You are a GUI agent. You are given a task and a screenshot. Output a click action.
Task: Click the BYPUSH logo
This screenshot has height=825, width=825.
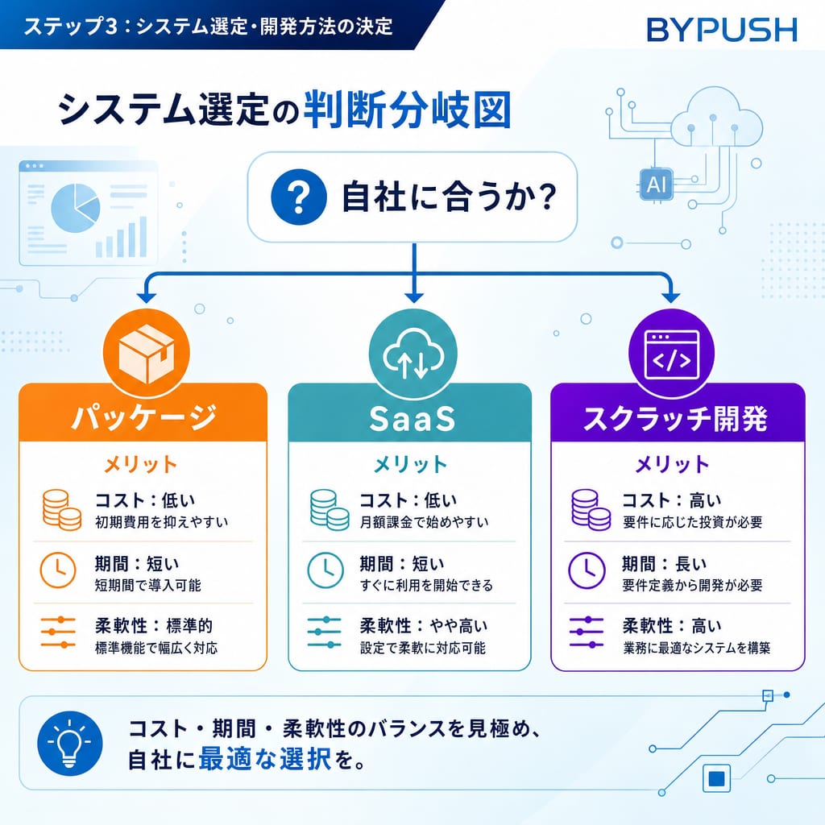pyautogui.click(x=722, y=30)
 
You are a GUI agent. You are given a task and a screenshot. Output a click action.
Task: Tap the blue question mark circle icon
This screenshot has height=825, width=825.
pyautogui.click(x=299, y=197)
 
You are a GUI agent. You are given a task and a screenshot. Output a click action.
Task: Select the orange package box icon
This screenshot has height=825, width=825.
pyautogui.click(x=147, y=353)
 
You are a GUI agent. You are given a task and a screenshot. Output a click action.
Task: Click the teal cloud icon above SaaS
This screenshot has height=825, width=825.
pyautogui.click(x=413, y=354)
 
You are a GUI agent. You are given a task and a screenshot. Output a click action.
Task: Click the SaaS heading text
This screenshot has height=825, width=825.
pyautogui.click(x=412, y=419)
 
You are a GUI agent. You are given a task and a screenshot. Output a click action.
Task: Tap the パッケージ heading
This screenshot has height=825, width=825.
pyautogui.click(x=143, y=418)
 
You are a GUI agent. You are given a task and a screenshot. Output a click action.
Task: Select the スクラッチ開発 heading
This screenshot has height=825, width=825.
pyautogui.click(x=676, y=419)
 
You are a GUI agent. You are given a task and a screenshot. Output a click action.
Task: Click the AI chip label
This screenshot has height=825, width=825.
pyautogui.click(x=656, y=184)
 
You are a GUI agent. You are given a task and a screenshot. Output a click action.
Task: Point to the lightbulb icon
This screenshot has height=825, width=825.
pyautogui.click(x=69, y=744)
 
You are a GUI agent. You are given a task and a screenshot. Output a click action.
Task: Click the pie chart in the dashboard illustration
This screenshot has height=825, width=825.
pyautogui.click(x=75, y=208)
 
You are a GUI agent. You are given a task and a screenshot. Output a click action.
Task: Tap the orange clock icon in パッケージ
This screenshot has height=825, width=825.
pyautogui.click(x=58, y=570)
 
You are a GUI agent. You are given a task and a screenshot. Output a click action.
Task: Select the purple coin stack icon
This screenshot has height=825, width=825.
pyautogui.click(x=591, y=510)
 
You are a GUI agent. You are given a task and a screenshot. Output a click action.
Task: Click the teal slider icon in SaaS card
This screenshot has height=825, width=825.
pyautogui.click(x=324, y=632)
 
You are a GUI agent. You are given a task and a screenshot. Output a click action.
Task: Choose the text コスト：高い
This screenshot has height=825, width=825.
pyautogui.click(x=672, y=500)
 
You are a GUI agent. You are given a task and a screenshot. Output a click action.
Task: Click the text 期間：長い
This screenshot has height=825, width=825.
pyautogui.click(x=664, y=564)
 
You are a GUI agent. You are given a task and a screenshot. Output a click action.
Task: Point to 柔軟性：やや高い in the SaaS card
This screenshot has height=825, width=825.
pyautogui.click(x=424, y=626)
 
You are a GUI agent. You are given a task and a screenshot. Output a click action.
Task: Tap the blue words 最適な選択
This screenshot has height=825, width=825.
pyautogui.click(x=264, y=759)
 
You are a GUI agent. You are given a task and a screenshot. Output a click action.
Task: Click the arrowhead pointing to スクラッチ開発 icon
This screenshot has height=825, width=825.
pyautogui.click(x=670, y=297)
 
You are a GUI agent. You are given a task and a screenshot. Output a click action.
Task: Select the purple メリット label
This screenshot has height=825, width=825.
pyautogui.click(x=672, y=465)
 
